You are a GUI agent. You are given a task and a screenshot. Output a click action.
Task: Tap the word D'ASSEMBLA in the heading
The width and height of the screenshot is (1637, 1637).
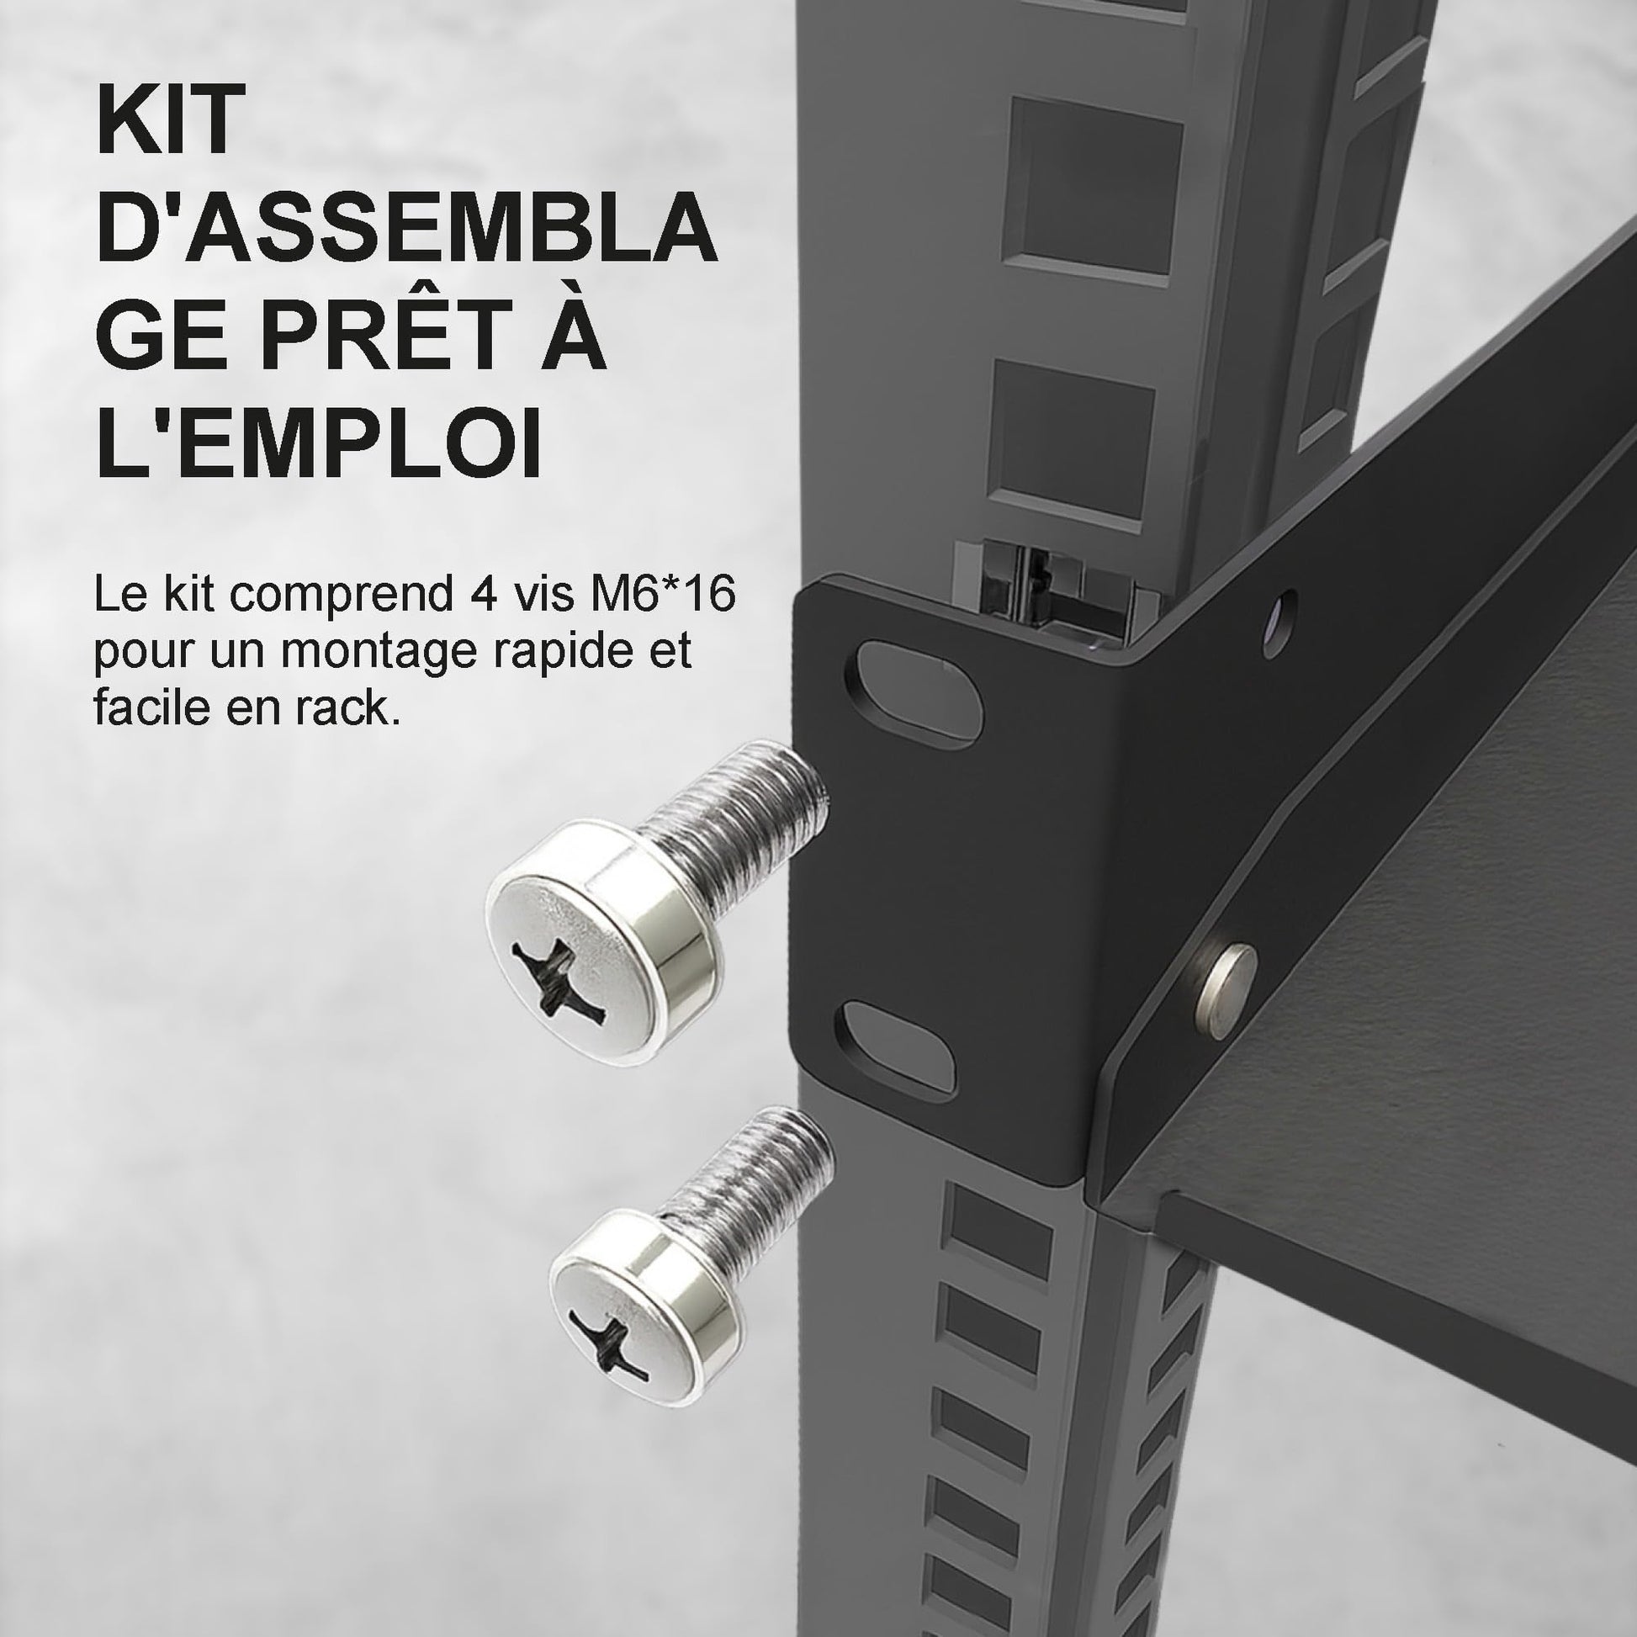pos(406,226)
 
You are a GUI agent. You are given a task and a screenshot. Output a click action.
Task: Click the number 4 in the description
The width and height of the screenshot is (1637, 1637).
pos(481,594)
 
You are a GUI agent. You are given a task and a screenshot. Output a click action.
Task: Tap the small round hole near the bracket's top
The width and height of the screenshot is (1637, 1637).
pos(1279,623)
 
